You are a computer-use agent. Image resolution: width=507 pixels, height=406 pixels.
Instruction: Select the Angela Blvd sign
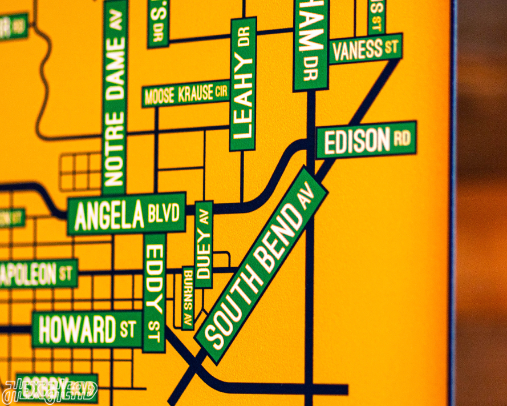click(x=126, y=214)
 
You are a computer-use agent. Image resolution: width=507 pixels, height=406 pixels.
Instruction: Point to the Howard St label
click(x=87, y=329)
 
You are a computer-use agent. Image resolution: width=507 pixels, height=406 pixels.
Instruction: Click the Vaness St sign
click(x=365, y=49)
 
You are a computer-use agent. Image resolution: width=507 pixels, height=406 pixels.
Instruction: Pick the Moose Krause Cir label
click(x=186, y=94)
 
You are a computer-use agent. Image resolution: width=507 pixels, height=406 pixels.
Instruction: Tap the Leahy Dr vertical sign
click(x=243, y=83)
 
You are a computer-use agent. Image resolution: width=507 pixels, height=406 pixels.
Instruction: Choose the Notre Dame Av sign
click(x=114, y=97)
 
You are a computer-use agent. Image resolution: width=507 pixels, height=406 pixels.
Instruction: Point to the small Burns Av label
click(x=188, y=297)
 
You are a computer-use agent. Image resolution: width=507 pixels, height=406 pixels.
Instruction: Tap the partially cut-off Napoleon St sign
click(x=38, y=274)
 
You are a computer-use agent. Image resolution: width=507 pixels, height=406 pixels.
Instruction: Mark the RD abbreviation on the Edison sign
click(x=401, y=138)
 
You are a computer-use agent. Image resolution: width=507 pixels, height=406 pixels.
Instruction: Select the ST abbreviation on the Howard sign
click(x=128, y=328)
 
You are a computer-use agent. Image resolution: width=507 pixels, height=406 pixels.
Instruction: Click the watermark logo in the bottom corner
click(x=49, y=390)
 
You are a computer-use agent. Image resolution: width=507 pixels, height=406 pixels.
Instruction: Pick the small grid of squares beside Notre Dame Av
click(x=80, y=171)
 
